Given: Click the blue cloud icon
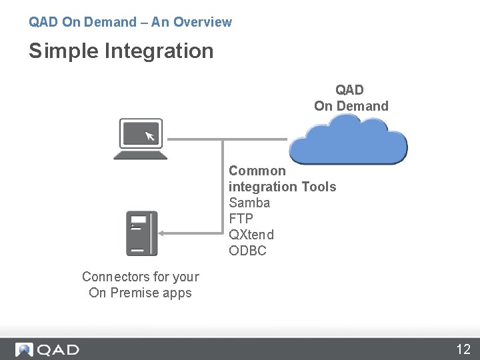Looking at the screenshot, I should tap(349, 139).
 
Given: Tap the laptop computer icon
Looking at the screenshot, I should tap(140, 139).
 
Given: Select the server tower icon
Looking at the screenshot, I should tap(141, 233).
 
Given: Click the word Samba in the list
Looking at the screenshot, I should tap(249, 203).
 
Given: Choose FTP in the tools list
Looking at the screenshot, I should tap(241, 219).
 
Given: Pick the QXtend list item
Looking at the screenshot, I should tap(251, 235).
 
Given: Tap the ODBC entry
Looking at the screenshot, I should tap(247, 251).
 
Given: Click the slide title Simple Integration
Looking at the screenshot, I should tap(121, 51).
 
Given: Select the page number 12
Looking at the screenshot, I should tap(463, 349).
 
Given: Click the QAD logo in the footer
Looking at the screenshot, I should tap(48, 349).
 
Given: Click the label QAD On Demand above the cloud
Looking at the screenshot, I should tap(351, 98).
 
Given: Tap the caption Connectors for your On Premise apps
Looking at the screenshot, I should tap(140, 285).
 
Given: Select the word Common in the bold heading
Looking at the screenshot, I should tap(257, 171).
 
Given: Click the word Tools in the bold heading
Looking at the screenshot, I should tap(319, 187).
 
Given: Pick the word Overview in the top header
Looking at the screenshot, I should tap(203, 22).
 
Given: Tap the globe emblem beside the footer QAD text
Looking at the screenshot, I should tap(25, 349).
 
